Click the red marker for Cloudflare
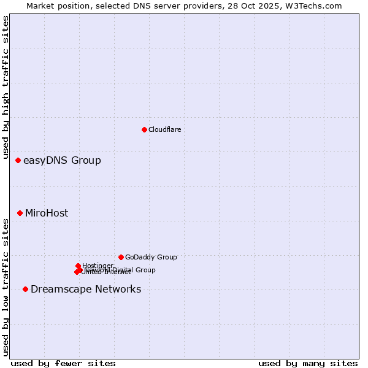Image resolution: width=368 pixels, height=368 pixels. point(144,129)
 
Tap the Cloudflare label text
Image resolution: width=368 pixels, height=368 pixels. point(164,129)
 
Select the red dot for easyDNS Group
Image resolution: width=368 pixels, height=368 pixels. point(18,160)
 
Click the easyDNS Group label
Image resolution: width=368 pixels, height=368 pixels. point(62,161)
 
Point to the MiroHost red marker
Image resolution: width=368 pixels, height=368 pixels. point(20,213)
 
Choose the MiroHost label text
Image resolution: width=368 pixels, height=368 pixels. point(47,213)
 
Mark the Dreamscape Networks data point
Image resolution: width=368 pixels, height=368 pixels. point(25,289)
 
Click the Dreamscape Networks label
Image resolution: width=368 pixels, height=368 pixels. point(86,289)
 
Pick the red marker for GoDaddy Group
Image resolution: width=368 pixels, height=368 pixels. point(121,257)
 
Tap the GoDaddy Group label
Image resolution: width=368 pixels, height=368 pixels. point(151,258)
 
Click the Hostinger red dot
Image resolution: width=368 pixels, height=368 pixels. point(78,266)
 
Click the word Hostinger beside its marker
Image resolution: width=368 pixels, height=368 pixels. point(98,266)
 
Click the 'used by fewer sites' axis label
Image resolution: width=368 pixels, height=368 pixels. point(63,363)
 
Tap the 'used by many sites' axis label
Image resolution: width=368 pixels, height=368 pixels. point(308,363)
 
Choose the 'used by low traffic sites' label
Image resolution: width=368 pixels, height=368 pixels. point(6,287)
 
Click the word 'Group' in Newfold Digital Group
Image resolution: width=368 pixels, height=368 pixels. point(145,270)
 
